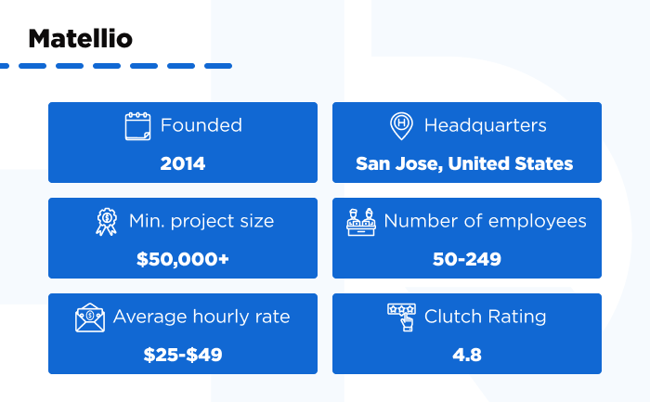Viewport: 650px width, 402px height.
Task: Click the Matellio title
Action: (80, 39)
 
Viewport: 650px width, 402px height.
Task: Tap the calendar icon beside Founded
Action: (137, 125)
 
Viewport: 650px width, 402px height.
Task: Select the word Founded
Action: (201, 125)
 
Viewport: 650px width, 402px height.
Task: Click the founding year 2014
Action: (183, 163)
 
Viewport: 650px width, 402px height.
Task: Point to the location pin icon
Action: (401, 125)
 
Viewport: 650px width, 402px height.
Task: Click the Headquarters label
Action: (485, 125)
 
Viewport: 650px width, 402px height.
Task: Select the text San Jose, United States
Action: (464, 163)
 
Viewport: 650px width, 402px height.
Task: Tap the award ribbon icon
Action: (107, 221)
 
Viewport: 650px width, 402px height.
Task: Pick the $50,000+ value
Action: (183, 259)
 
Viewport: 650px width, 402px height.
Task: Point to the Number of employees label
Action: (485, 221)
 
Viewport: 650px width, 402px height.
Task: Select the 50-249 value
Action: (466, 259)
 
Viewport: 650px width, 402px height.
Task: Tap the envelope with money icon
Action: (90, 318)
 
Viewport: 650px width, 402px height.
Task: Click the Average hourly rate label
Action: (201, 317)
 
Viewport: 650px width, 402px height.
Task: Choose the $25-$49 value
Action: (183, 355)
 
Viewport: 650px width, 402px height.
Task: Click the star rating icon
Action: (401, 317)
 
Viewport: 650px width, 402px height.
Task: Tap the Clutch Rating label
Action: (485, 317)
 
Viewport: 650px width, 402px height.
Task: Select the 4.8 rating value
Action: (466, 355)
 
